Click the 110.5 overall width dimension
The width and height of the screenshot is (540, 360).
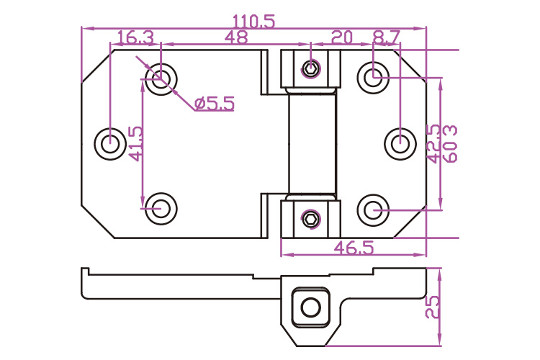254,22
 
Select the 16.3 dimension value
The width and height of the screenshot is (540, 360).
135,37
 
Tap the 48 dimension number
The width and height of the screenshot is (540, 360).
236,37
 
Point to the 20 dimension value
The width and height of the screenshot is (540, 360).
342,37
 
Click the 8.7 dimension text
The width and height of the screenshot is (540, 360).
387,37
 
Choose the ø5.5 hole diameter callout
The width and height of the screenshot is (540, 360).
215,104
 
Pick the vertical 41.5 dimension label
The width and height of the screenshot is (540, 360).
135,144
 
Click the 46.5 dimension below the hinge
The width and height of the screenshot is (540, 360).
354,248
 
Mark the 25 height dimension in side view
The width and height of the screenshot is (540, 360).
433,307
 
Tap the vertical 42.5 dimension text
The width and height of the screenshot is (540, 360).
433,144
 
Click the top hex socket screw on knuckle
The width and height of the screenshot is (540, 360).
311,68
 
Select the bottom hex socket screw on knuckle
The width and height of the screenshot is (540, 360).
311,219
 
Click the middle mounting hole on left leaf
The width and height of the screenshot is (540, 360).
110,144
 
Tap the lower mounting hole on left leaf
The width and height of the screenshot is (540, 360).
161,209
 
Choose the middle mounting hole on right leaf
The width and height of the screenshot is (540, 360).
400,144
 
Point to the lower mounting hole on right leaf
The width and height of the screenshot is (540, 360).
373,210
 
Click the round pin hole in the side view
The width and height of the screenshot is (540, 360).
310,307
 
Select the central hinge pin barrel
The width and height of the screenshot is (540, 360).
312,144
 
